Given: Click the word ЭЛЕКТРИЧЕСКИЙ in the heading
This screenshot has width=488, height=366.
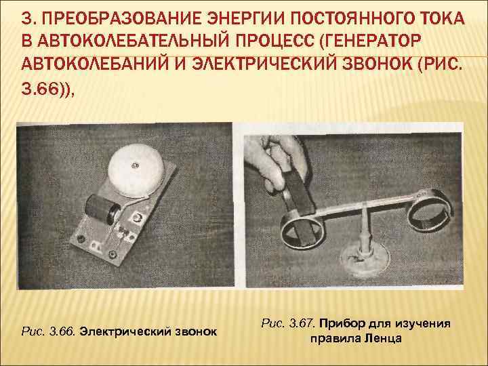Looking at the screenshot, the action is click(x=263, y=64).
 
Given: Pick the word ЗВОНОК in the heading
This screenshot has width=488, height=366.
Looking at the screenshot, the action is click(x=377, y=64).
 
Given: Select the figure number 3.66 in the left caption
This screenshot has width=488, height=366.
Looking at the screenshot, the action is click(x=62, y=331).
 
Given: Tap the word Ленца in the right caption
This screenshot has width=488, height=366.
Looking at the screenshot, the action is click(x=383, y=338).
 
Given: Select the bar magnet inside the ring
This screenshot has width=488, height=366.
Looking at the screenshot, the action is click(x=298, y=205).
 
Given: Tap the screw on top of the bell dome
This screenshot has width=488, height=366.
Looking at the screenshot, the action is click(x=134, y=165).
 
